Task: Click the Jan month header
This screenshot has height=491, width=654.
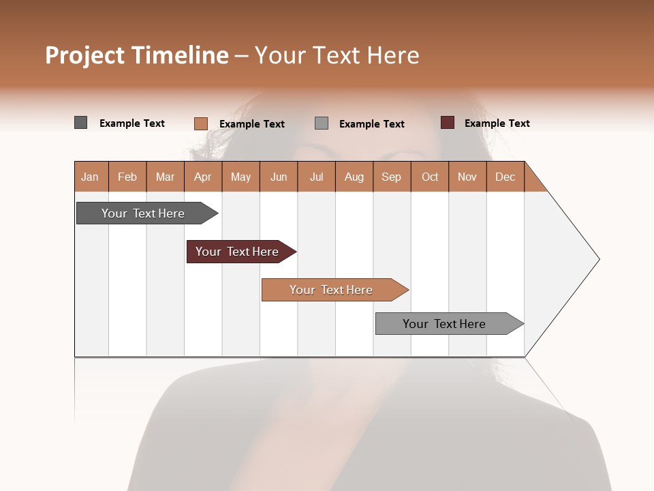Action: pyautogui.click(x=90, y=177)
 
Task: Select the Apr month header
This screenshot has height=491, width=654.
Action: pyautogui.click(x=202, y=177)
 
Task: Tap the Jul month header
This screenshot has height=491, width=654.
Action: pyautogui.click(x=316, y=177)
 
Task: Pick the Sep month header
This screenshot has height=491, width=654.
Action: pyautogui.click(x=391, y=177)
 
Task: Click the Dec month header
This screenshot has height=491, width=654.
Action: pyautogui.click(x=505, y=177)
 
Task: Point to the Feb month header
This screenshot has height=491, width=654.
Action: pyautogui.click(x=127, y=177)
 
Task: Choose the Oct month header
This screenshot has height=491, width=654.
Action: pyautogui.click(x=430, y=177)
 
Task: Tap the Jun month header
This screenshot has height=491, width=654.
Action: pyautogui.click(x=279, y=177)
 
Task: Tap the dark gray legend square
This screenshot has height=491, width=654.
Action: pyautogui.click(x=81, y=123)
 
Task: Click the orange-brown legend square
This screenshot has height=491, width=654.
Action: pyautogui.click(x=200, y=123)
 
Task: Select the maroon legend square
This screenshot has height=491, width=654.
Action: pyautogui.click(x=447, y=123)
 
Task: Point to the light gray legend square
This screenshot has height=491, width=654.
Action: pyautogui.click(x=322, y=123)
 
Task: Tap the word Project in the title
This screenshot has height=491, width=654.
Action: pyautogui.click(x=84, y=55)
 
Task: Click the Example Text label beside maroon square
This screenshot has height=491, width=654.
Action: pyautogui.click(x=497, y=123)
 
